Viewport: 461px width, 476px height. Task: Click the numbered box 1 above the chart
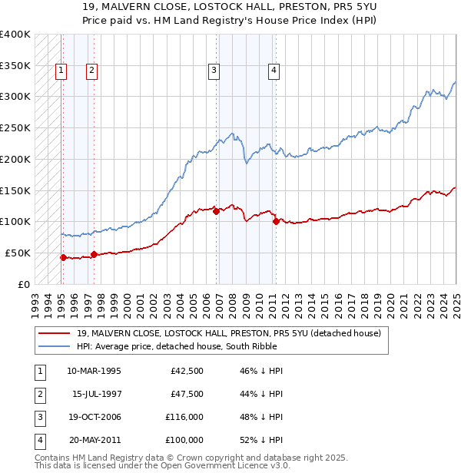(61, 71)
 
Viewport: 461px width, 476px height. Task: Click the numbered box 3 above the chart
(214, 71)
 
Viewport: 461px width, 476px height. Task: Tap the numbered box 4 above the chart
(274, 71)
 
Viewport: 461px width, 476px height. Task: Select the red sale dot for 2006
(216, 211)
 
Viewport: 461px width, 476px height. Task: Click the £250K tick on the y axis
(15, 127)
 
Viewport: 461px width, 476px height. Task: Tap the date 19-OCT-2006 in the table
(94, 417)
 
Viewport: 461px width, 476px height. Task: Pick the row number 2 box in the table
(38, 394)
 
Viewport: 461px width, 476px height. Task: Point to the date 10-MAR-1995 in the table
(94, 371)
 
